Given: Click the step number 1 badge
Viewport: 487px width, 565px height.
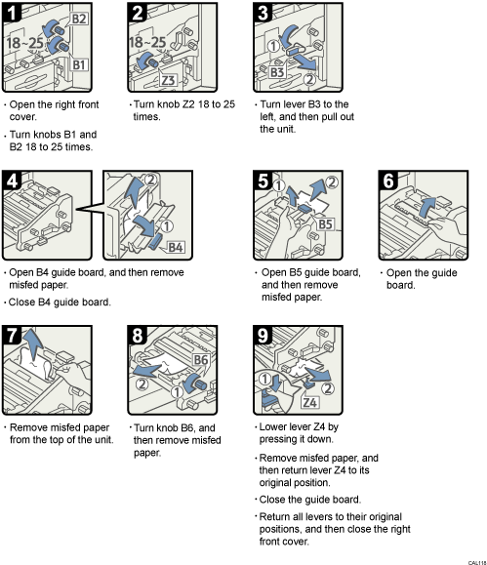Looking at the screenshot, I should [x=14, y=14].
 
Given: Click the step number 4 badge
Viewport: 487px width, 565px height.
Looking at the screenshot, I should [x=14, y=181].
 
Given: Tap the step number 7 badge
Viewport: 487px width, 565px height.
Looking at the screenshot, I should [x=14, y=336].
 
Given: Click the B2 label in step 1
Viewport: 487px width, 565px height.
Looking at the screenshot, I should [x=79, y=19].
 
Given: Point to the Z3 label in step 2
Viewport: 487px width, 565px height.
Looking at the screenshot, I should [x=168, y=80].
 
